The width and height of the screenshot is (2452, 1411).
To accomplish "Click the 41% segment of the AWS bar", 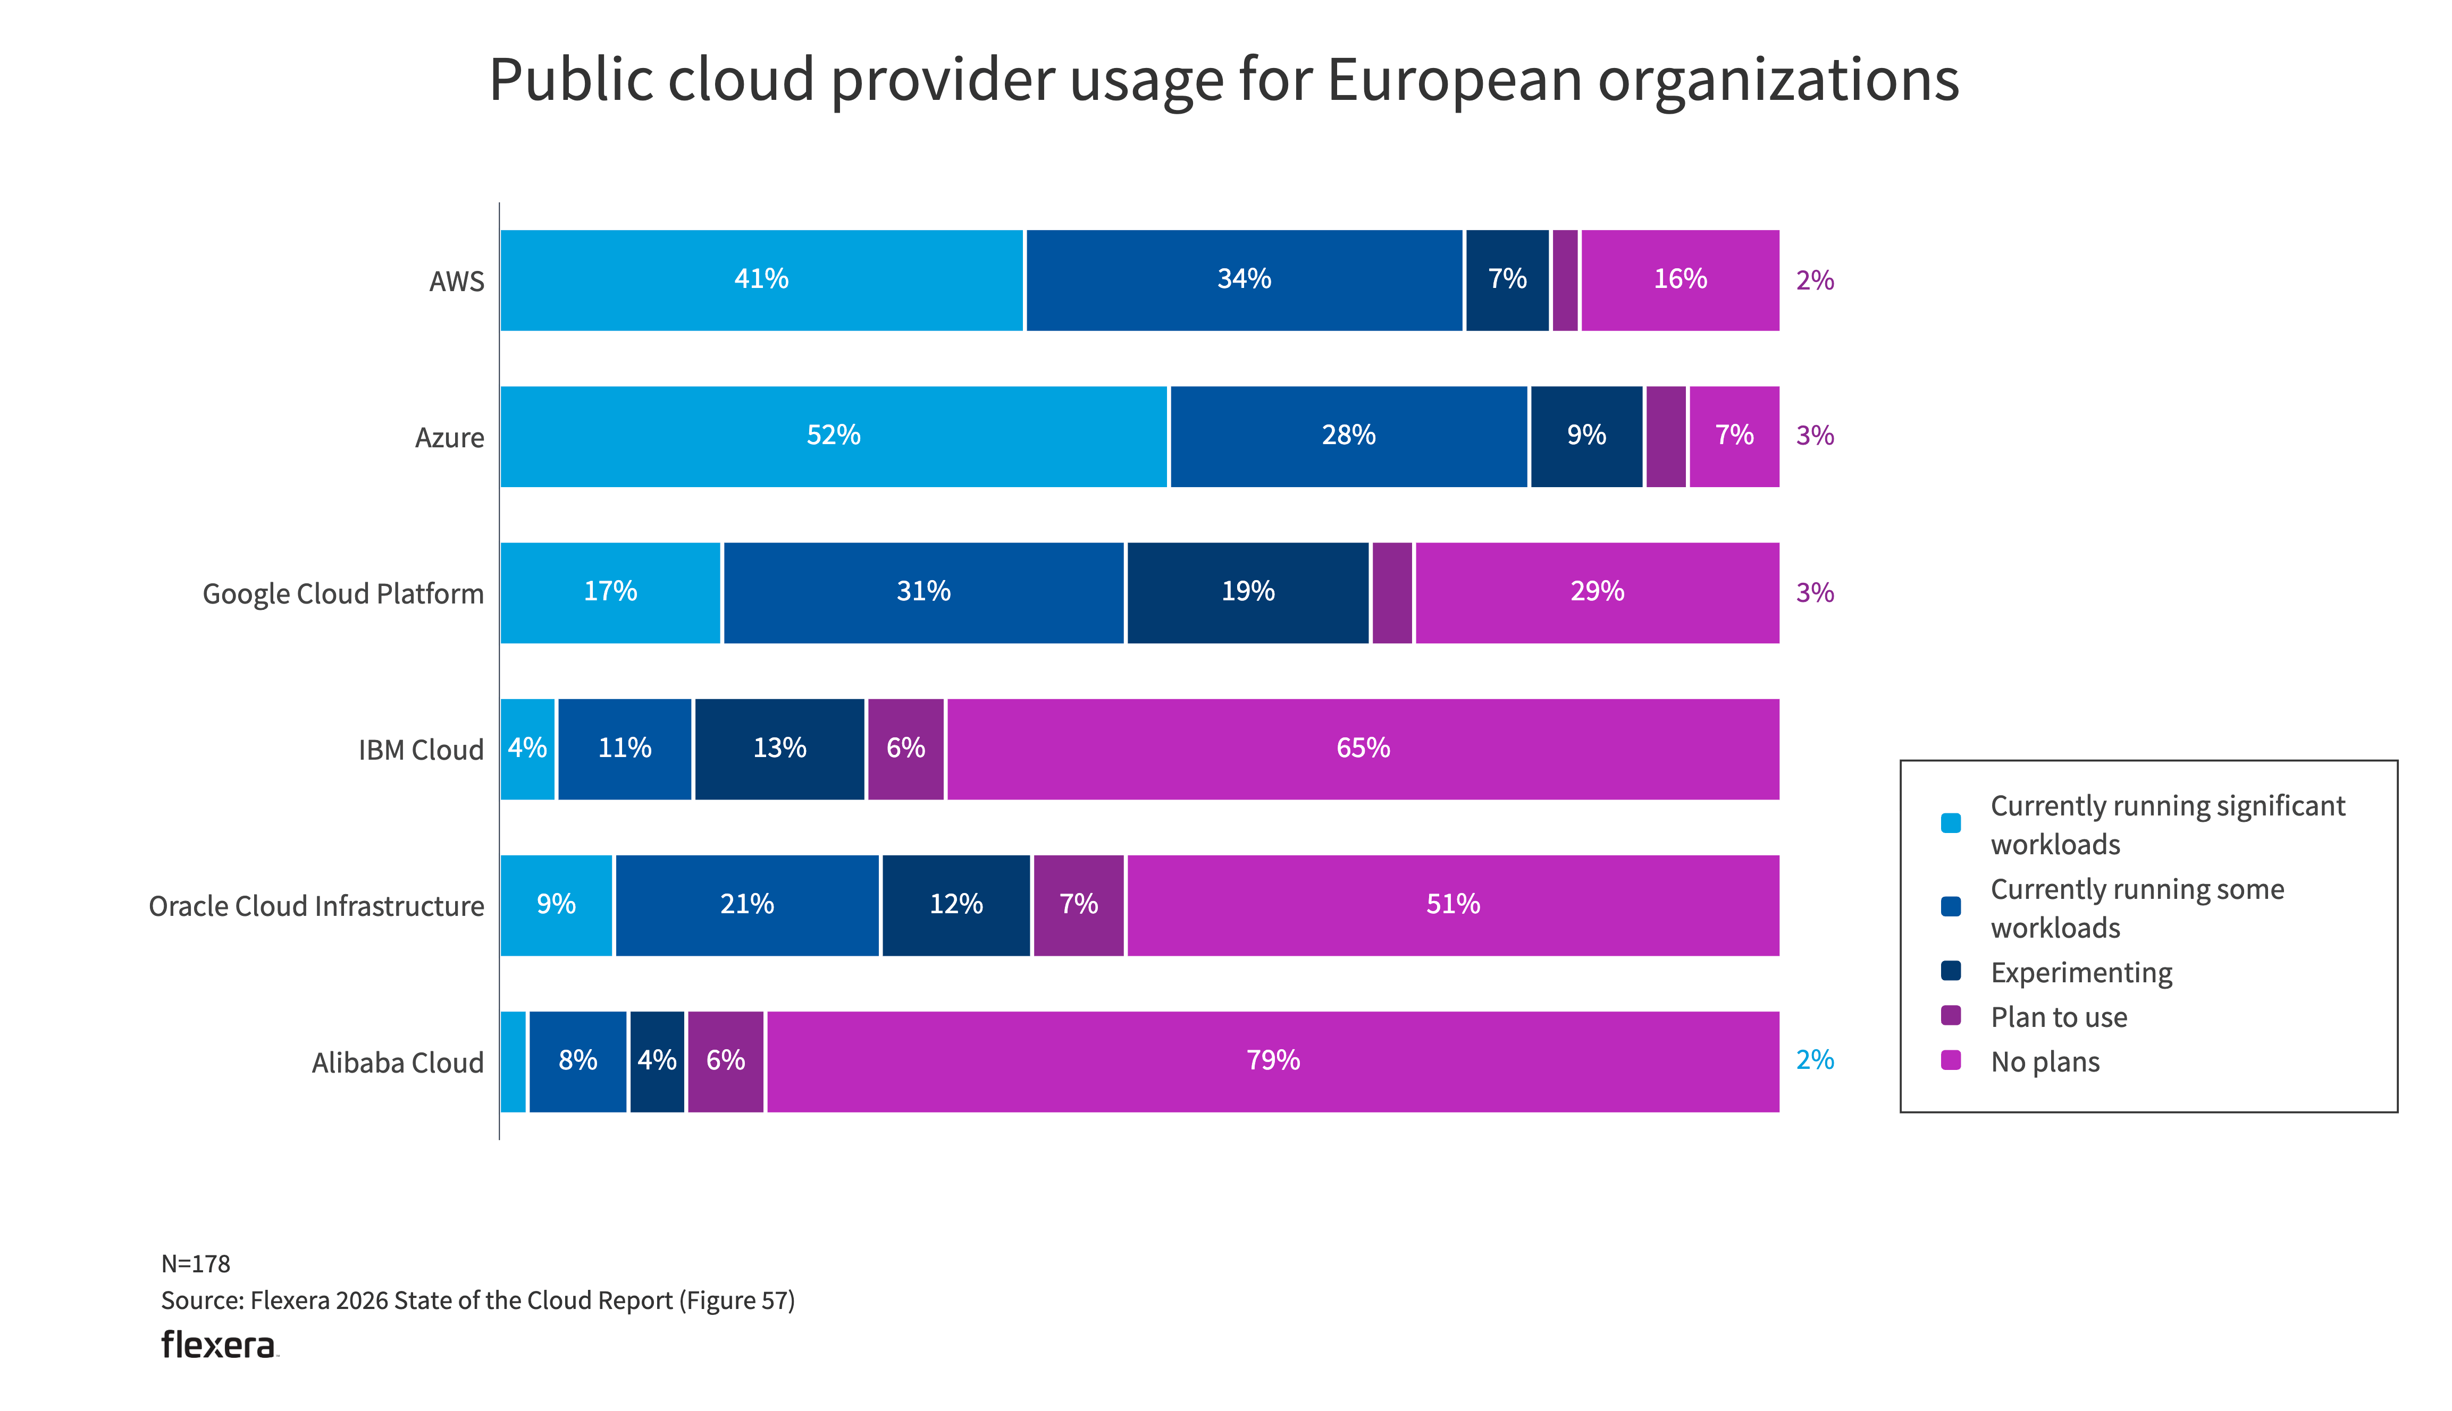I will (761, 280).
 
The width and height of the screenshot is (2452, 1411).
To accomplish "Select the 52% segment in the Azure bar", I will (833, 436).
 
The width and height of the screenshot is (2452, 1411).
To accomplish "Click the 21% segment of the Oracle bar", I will (746, 905).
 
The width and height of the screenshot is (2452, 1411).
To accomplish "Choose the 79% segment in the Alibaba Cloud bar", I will (1272, 1061).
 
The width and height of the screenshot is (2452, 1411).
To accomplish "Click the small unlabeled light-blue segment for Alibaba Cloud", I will (513, 1061).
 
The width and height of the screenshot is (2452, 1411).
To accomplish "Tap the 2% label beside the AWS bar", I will (1814, 281).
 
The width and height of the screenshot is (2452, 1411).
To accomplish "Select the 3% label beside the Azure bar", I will (1814, 436).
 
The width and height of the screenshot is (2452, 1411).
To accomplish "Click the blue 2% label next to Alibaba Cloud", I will (1814, 1060).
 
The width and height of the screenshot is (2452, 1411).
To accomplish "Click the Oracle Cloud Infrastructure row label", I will (316, 906).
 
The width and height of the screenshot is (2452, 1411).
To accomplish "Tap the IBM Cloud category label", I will (420, 750).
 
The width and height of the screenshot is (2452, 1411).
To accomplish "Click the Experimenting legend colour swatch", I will (1951, 971).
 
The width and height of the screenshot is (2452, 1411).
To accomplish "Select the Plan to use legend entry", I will (2059, 1017).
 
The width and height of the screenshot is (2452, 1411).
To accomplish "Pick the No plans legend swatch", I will (1951, 1060).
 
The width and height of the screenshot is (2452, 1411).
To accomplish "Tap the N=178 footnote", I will (196, 1264).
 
